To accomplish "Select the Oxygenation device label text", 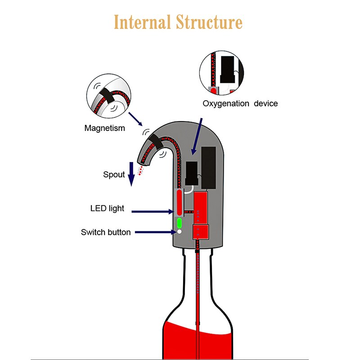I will click(x=240, y=103).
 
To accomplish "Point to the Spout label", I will click(x=114, y=174).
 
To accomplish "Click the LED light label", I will click(x=107, y=209).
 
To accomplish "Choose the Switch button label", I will click(x=106, y=232).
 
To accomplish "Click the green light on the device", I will click(x=179, y=223).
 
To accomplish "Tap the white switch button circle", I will click(x=179, y=232).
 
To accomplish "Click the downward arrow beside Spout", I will click(x=131, y=174).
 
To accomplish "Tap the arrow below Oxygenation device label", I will click(x=198, y=135).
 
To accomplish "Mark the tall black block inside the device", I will click(x=210, y=167).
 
